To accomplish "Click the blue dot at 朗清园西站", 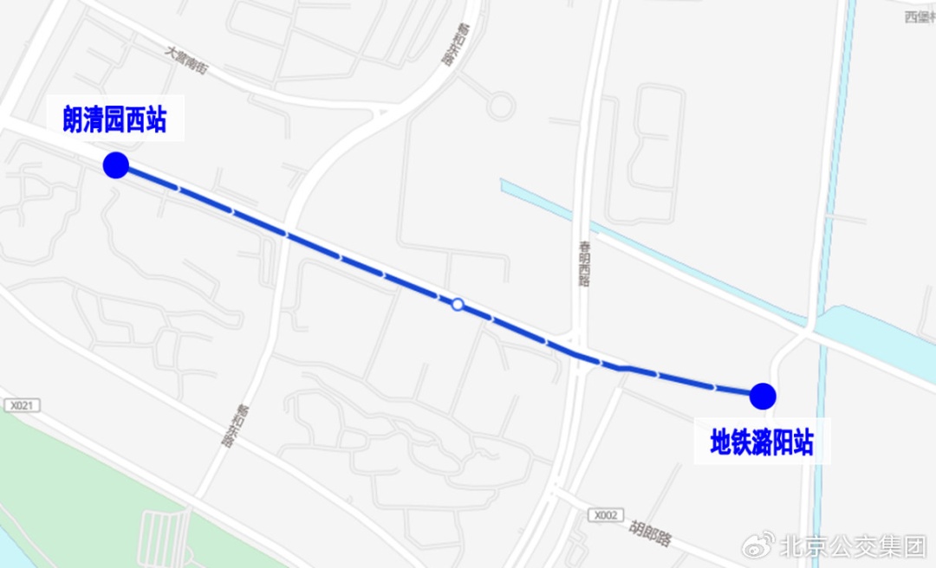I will pyautogui.click(x=115, y=165).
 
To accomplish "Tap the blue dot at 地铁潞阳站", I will pyautogui.click(x=763, y=396).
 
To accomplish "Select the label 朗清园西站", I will pyautogui.click(x=114, y=119).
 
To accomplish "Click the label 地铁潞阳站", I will pyautogui.click(x=762, y=443).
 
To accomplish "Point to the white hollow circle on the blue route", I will pyautogui.click(x=458, y=304).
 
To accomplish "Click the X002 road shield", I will pyautogui.click(x=605, y=515).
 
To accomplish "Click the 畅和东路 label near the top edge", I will pyautogui.click(x=448, y=45).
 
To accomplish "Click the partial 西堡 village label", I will pyautogui.click(x=919, y=17).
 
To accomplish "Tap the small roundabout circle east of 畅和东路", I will pyautogui.click(x=500, y=106).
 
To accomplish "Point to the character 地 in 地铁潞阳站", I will pyautogui.click(x=721, y=443).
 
